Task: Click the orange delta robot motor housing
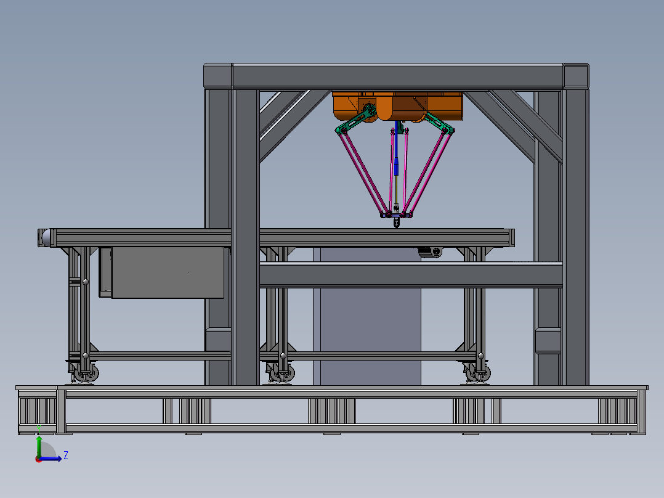coord(398,105)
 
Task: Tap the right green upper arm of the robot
coord(439,123)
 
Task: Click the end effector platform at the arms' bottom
coord(395,215)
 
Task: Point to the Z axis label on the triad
coord(65,455)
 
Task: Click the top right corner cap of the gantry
coord(575,75)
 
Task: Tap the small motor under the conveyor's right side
coord(431,252)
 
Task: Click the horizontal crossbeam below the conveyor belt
coord(410,275)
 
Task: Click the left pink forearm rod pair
coord(363,173)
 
